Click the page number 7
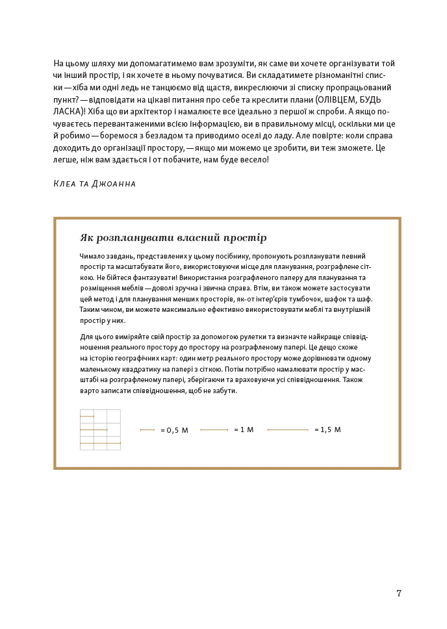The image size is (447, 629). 399,593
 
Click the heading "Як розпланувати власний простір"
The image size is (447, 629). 173,238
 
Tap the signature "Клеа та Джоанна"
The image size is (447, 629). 95,184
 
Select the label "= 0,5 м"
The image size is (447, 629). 174,430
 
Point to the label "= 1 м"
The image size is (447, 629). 244,430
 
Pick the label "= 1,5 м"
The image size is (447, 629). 327,430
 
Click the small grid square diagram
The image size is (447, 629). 100,430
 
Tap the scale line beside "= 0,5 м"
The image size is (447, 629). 147,430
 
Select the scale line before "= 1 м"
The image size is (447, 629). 214,430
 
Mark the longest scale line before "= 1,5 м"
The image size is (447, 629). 288,430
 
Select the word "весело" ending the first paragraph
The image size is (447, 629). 254,159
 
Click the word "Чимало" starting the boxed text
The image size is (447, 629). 91,256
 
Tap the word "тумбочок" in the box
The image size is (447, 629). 301,299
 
